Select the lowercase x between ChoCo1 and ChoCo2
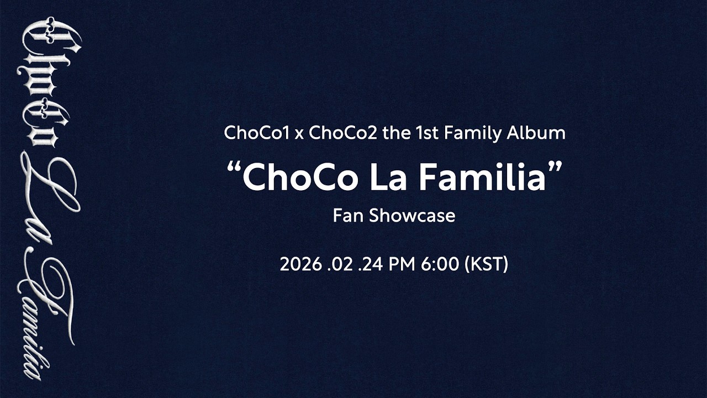click(299, 134)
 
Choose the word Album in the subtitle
click(542, 133)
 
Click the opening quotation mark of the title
click(235, 166)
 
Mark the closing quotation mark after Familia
click(555, 166)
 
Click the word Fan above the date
click(348, 215)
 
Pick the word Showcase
click(412, 215)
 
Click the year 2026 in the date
click(300, 264)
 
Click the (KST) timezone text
click(487, 264)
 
